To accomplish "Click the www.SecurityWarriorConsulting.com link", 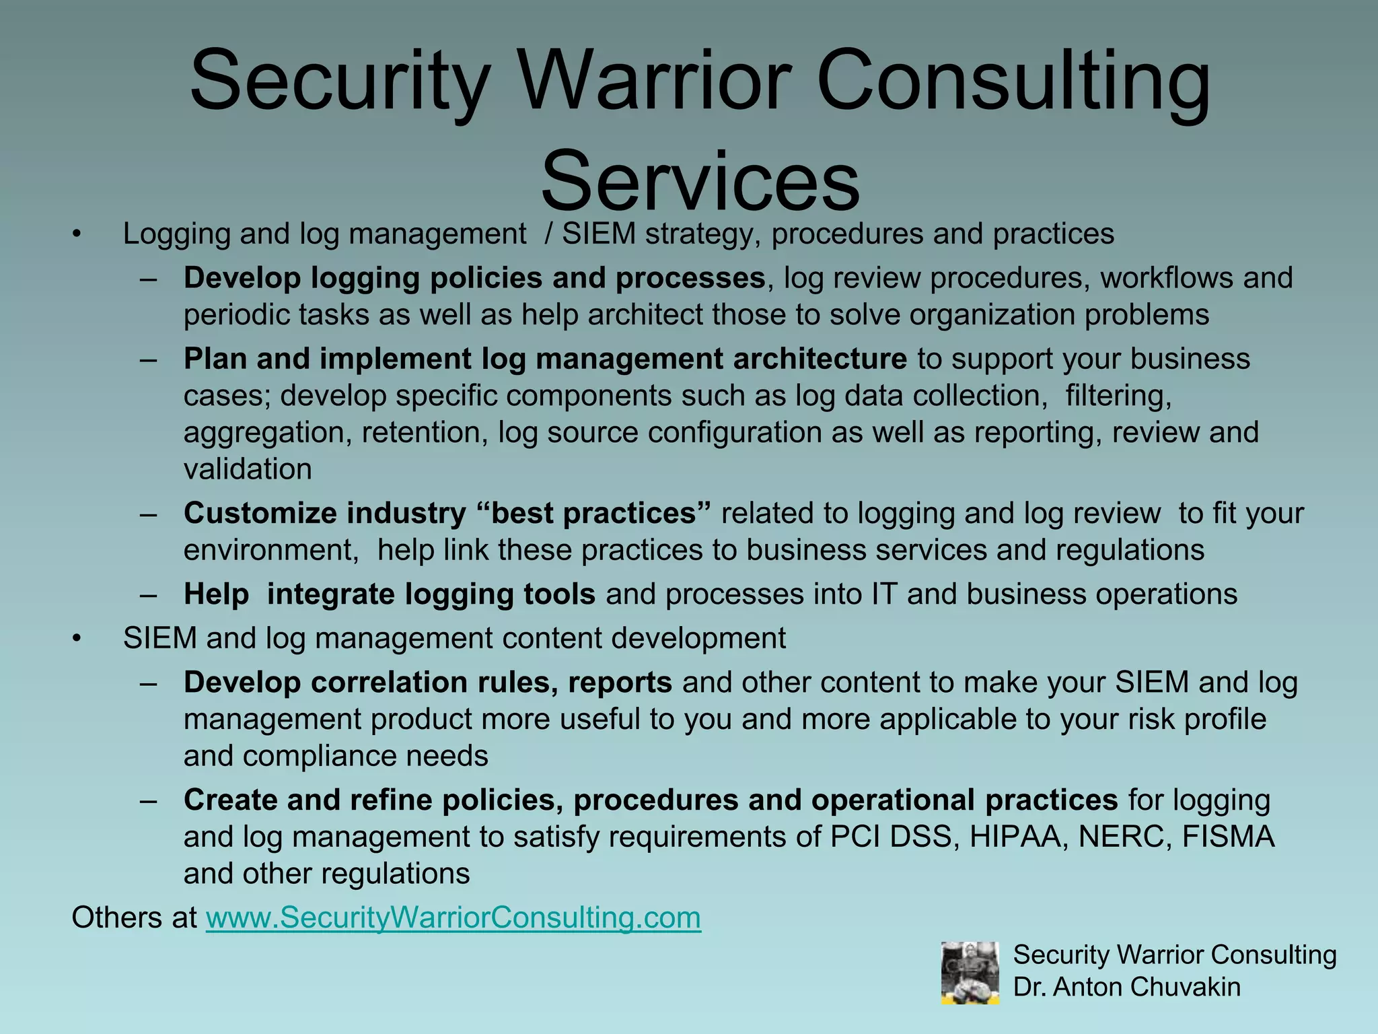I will (453, 918).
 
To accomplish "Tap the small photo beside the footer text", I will (970, 973).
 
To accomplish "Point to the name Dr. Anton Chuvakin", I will (1126, 987).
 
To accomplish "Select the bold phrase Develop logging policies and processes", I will (474, 278).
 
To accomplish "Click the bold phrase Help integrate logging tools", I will (389, 594).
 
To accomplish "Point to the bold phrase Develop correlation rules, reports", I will (427, 683).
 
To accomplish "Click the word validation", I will (248, 469).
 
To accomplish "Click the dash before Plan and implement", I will (149, 359).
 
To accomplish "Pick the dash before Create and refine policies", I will (149, 800).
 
